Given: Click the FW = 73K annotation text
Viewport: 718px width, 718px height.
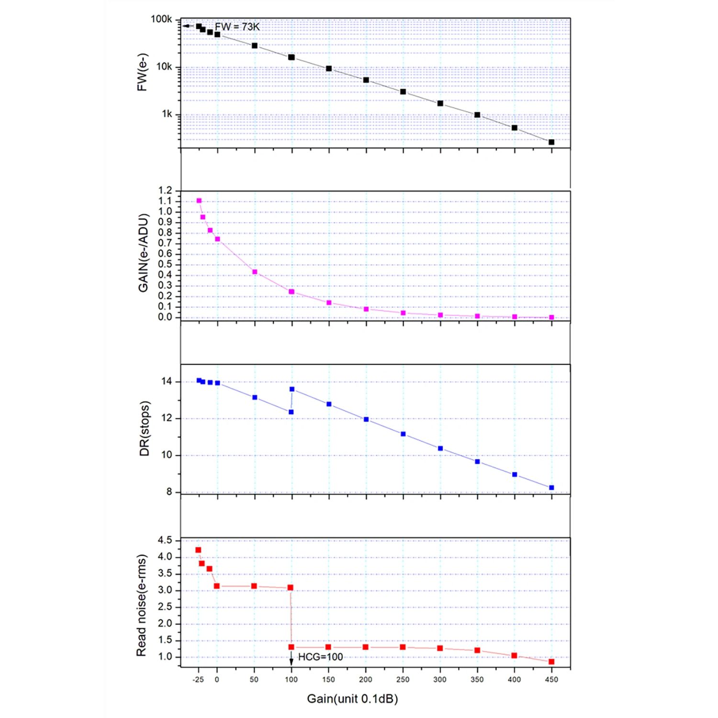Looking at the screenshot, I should pos(237,27).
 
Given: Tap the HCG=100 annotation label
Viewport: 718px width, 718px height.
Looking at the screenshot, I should pos(320,657).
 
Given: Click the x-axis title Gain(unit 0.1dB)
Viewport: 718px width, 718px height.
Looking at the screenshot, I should pos(352,699).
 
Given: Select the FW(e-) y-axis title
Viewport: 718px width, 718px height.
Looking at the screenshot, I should pos(143,72).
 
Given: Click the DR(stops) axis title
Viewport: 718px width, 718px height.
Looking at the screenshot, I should pos(144,428).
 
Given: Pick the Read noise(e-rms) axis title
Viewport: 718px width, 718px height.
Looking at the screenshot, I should pos(141,606).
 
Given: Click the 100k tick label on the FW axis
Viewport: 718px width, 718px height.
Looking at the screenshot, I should pos(161,19).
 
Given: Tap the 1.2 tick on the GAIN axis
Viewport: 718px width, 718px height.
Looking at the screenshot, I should pos(165,191).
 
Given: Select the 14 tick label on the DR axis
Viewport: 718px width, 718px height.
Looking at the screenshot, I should pos(167,381).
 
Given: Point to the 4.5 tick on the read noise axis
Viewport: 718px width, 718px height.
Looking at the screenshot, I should pos(165,540).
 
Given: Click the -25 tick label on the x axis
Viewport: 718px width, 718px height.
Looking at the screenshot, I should pos(198,679).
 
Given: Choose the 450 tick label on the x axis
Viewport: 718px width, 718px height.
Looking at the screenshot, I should pos(551,679).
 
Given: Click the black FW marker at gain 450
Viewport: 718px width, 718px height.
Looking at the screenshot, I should pos(551,142).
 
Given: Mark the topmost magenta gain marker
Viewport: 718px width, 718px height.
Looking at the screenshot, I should pos(199,201).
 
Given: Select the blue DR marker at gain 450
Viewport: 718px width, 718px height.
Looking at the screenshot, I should pos(551,488).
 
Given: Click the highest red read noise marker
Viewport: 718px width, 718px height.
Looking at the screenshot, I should pos(198,550).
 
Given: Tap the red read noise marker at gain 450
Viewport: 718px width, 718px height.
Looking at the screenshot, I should pos(551,662).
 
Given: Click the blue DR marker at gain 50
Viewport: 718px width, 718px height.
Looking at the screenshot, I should pos(255,397).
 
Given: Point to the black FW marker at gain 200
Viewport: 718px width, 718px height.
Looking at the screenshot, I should pos(366,80).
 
